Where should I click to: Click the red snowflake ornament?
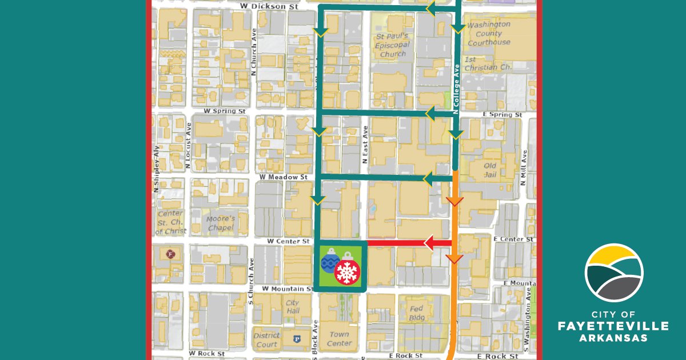tap(347, 271)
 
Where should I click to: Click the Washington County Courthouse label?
tap(489, 34)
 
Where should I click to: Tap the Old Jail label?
tap(490, 170)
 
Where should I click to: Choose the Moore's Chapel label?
tap(221, 223)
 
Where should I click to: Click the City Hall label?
tap(293, 307)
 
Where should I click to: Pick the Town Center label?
tap(339, 339)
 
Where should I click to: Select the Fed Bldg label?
tap(416, 313)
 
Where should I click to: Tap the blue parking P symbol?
tap(297, 339)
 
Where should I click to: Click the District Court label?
tap(266, 340)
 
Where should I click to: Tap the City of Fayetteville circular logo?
tap(614, 273)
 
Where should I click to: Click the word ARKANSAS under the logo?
tap(614, 338)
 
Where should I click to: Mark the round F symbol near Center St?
tap(169, 254)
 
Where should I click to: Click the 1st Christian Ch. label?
tap(488, 63)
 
